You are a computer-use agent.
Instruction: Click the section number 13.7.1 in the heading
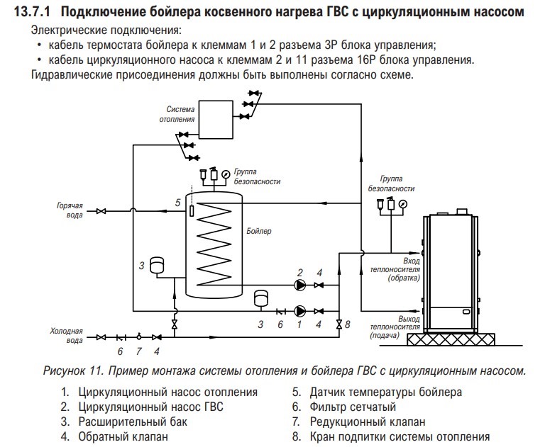coord(32,12)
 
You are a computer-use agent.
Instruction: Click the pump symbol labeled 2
coord(300,285)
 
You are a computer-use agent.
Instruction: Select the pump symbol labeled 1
coord(299,311)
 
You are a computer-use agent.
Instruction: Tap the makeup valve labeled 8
coord(339,324)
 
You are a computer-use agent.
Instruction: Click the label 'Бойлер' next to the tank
coord(259,231)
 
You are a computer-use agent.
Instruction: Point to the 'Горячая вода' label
coord(70,210)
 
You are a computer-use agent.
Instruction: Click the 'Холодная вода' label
coord(67,335)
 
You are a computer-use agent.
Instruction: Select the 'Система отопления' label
coord(177,114)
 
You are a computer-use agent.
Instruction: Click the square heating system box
coord(216,120)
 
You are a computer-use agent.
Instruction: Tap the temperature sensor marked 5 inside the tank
coord(192,211)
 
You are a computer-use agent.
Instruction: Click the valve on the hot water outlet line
coord(101,211)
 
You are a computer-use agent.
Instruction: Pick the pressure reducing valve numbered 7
coord(139,336)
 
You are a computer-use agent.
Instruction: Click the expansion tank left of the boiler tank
coord(157,265)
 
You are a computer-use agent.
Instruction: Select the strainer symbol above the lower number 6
coord(280,311)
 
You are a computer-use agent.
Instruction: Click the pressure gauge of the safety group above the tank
coord(226,174)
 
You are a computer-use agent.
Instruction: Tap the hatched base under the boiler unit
coord(451,339)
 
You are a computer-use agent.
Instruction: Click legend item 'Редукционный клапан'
coord(368,421)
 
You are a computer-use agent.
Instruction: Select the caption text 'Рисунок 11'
coord(73,371)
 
